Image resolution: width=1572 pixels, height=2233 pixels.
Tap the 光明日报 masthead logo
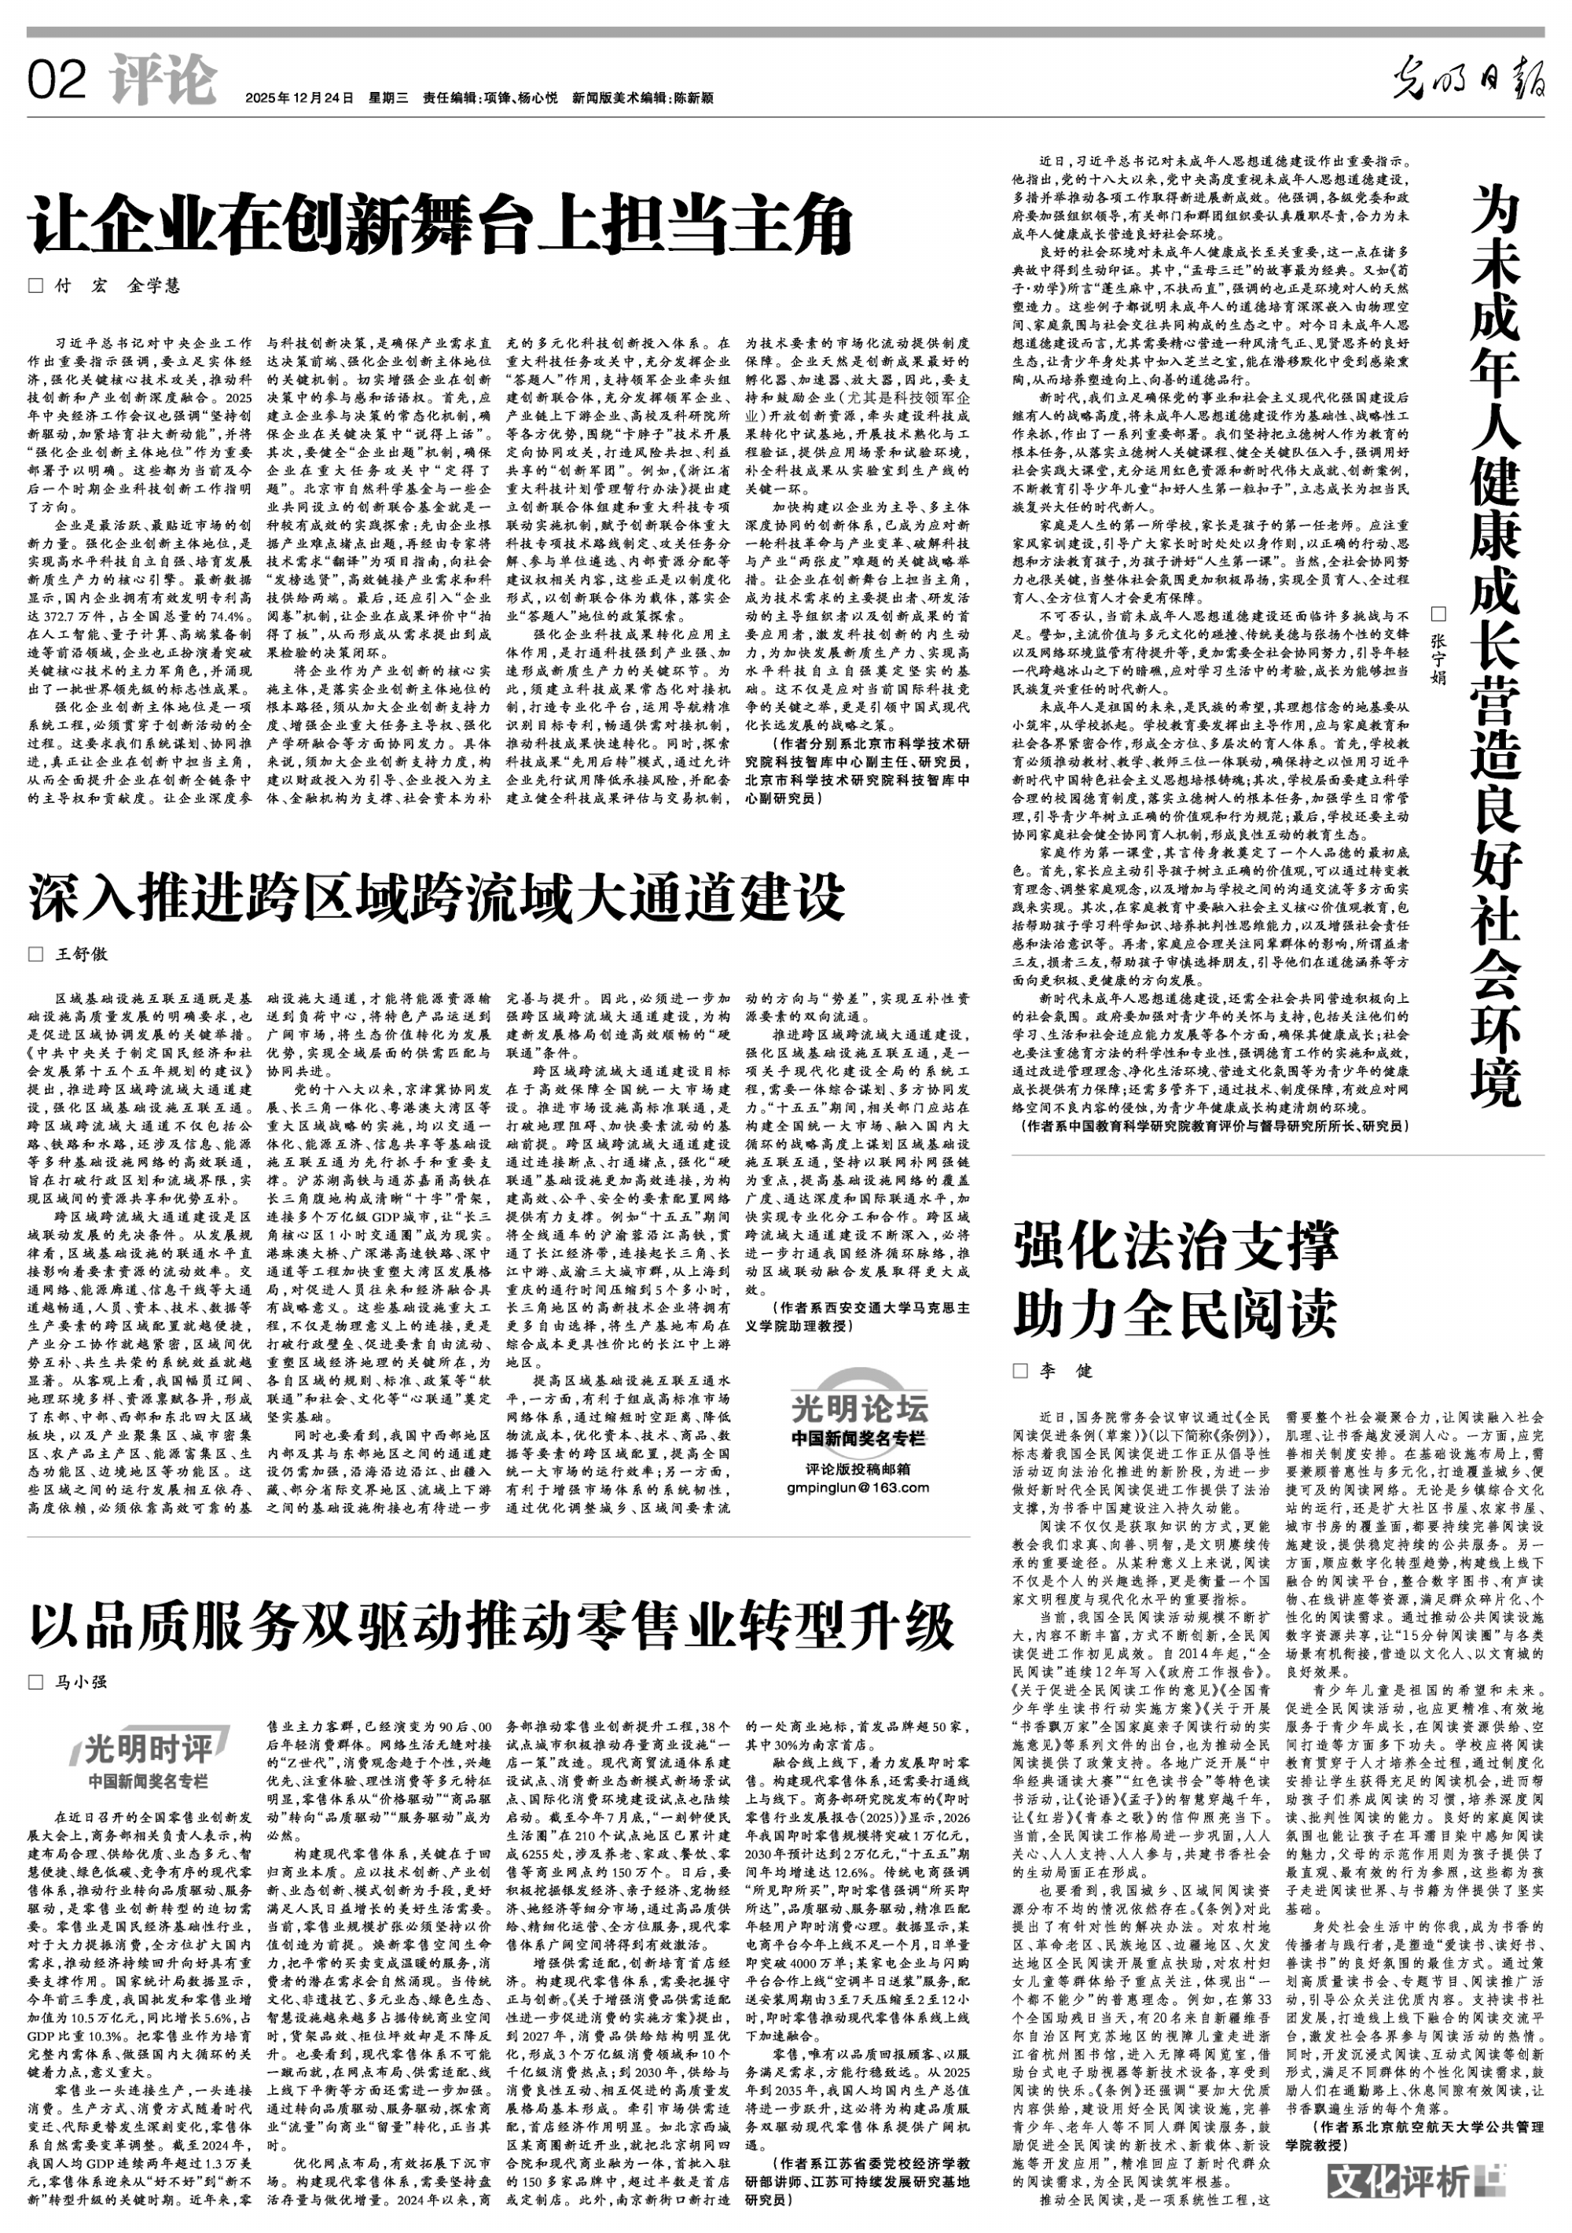tap(1468, 79)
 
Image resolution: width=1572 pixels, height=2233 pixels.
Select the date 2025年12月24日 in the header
tap(299, 98)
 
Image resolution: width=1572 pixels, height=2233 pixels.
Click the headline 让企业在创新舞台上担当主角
tap(440, 226)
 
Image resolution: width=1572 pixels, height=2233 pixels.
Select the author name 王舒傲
tap(82, 954)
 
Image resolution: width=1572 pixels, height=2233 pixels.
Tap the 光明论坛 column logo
tap(858, 1407)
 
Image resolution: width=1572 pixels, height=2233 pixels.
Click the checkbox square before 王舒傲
tap(36, 954)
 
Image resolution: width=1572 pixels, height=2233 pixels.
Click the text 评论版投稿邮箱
tap(858, 1468)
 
